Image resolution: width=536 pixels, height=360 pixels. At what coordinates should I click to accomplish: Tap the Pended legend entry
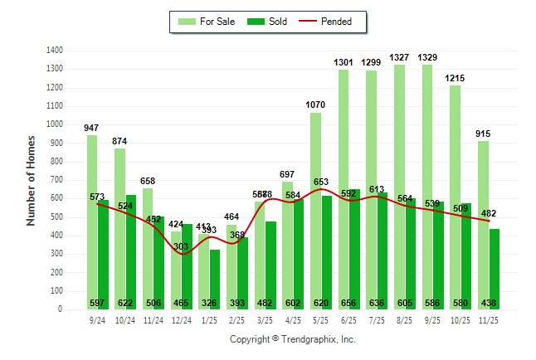[329, 22]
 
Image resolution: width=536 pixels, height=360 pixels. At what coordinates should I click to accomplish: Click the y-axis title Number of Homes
[31, 180]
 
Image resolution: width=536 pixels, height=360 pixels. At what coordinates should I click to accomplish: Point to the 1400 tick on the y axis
[56, 51]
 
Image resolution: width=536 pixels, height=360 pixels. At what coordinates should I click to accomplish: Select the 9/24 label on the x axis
[97, 320]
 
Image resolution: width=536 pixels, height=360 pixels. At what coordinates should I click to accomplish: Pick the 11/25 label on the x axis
[489, 320]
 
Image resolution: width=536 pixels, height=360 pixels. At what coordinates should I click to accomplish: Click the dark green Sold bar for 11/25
[495, 265]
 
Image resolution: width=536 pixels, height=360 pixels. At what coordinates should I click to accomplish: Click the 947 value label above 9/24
[92, 128]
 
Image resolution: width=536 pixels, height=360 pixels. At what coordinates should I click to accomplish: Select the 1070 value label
[315, 105]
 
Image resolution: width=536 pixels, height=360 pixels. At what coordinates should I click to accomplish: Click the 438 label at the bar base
[489, 304]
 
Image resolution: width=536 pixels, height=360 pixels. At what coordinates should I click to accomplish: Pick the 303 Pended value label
[182, 246]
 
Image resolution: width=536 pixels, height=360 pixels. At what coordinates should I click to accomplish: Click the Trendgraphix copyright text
[292, 340]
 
